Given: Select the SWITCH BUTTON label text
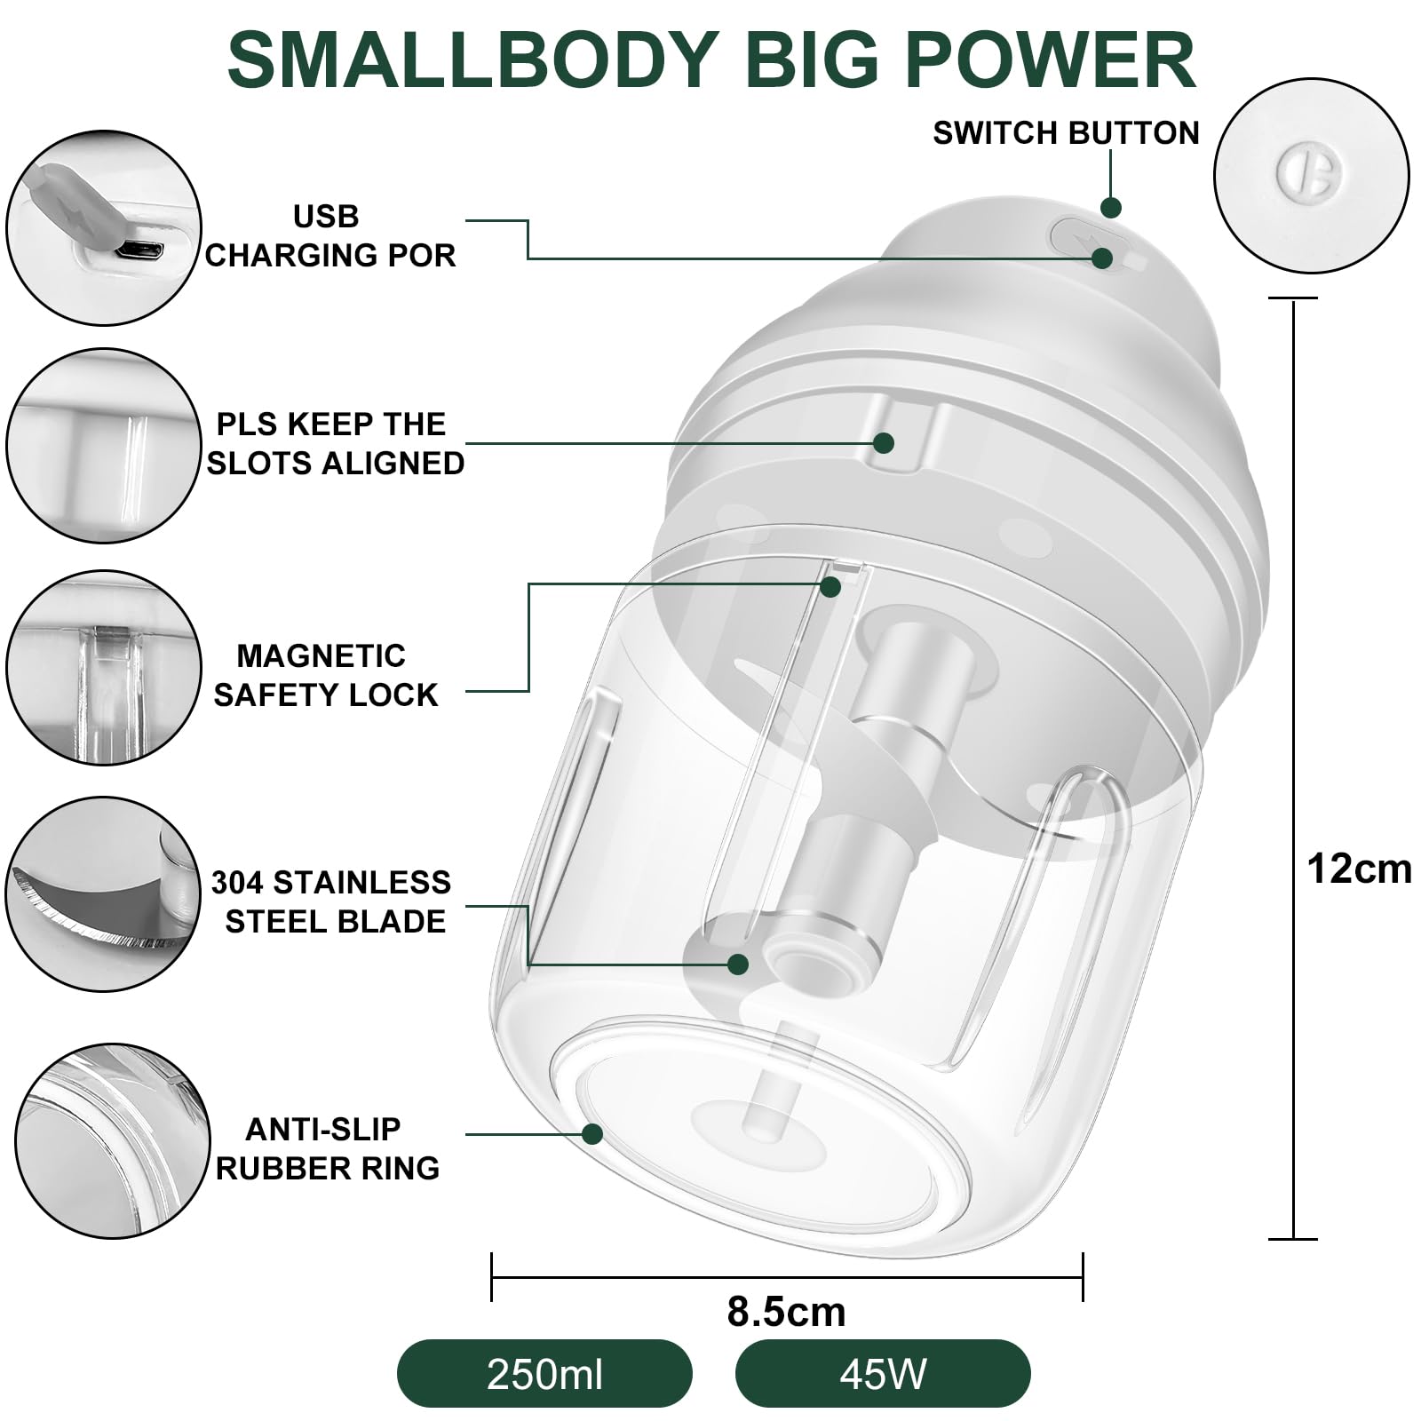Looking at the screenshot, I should click(1066, 133).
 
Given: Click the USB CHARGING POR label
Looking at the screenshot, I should click(329, 235).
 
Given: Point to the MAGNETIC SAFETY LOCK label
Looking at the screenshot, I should click(325, 675).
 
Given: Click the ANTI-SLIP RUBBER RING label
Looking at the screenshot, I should click(327, 1148).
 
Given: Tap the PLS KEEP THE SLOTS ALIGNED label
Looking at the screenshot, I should click(334, 443).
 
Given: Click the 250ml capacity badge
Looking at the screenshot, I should click(544, 1374).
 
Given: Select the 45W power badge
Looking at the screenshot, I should click(883, 1374).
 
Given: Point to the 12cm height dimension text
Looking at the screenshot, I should click(1359, 869).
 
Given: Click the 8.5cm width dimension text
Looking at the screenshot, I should click(786, 1311).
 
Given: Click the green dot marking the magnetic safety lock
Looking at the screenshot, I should click(830, 586).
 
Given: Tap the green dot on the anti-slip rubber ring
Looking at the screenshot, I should click(592, 1134).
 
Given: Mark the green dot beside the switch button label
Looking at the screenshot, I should click(1111, 208).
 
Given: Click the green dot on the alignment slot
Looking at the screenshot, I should click(883, 442).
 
